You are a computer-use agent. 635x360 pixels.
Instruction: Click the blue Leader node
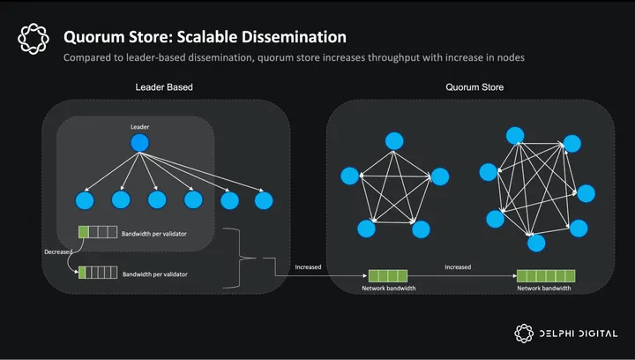click(138, 144)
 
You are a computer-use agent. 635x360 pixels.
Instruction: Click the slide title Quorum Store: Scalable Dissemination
click(205, 37)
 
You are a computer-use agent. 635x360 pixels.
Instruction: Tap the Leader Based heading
click(164, 87)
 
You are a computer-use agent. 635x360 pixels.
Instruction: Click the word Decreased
click(59, 251)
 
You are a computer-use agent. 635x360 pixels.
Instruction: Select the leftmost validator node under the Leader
click(85, 200)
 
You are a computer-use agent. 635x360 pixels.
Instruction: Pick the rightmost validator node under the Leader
click(264, 200)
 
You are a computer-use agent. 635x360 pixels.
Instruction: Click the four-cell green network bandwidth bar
click(389, 275)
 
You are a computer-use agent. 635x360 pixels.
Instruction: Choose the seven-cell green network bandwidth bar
click(546, 275)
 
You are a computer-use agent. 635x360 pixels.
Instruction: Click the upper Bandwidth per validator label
click(155, 233)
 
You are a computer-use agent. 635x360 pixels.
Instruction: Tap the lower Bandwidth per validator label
click(155, 274)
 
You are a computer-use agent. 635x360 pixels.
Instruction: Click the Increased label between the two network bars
click(458, 266)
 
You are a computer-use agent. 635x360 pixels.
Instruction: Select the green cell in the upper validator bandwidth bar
click(84, 233)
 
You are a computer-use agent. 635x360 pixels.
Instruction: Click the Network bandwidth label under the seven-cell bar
click(544, 289)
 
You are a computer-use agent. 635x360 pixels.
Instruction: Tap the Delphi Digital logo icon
click(525, 333)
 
